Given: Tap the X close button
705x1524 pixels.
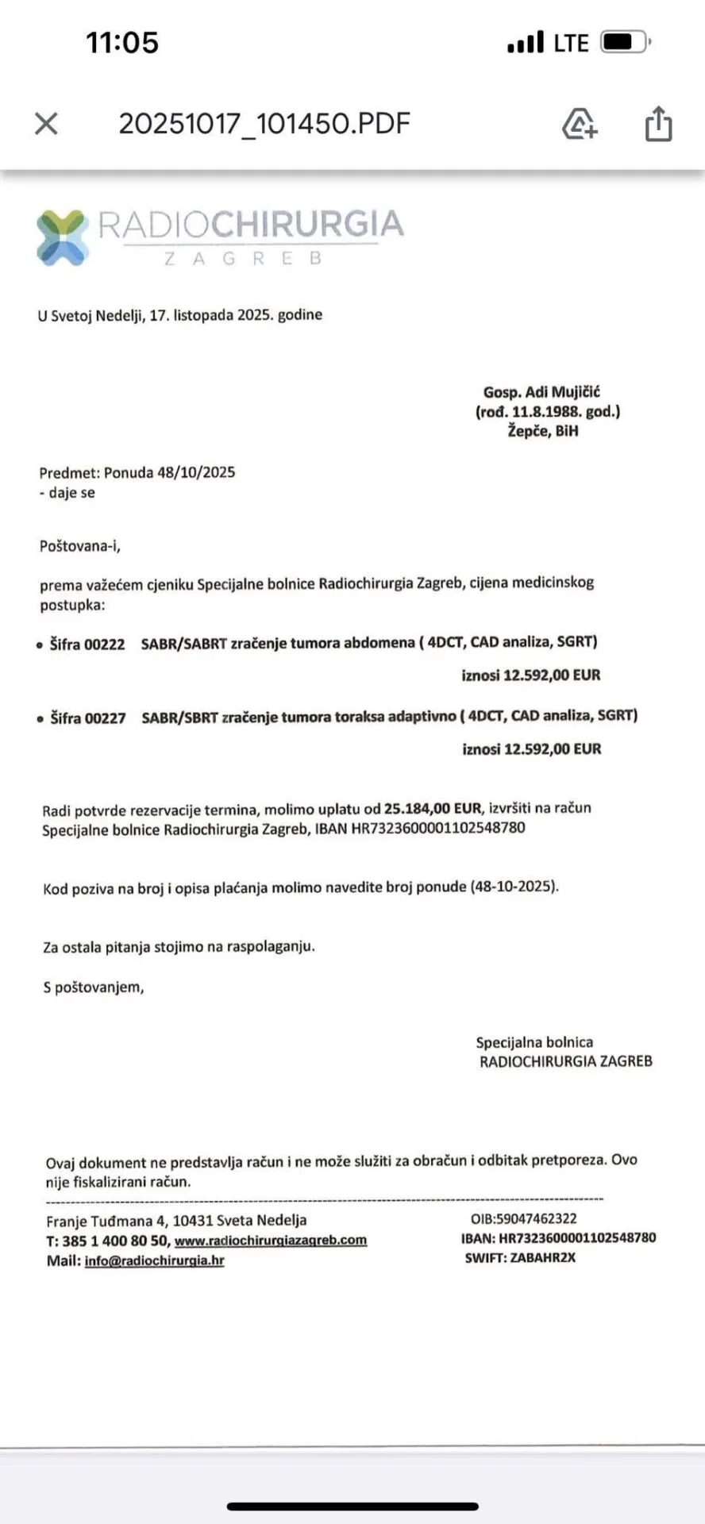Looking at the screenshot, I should (x=47, y=123).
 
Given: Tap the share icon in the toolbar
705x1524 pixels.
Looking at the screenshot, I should (x=658, y=124).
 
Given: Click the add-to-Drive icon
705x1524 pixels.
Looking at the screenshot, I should (x=580, y=124).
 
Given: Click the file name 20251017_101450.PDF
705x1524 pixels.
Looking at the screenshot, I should (x=264, y=123).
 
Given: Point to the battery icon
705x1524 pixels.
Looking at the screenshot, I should (x=625, y=41).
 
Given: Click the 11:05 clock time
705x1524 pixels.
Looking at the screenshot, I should (x=122, y=42).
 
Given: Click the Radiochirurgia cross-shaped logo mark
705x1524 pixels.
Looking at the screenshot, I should (x=62, y=237).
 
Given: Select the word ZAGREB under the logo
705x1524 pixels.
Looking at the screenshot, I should (x=243, y=259).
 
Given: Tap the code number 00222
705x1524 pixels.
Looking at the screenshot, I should (x=105, y=645).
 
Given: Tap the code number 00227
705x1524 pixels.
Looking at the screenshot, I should (x=106, y=718).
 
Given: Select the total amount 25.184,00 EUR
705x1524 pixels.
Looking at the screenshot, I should (x=433, y=809).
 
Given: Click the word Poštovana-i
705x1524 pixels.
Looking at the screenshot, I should (x=80, y=546).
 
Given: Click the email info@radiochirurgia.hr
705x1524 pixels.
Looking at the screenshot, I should (x=155, y=1260).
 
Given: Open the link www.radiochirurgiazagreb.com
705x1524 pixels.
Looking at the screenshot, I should (x=271, y=1241).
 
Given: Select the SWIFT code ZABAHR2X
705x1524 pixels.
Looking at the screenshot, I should (x=544, y=1257).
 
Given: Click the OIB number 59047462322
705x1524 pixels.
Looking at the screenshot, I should (x=537, y=1218).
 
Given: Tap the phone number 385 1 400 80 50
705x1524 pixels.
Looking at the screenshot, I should (x=115, y=1241).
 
